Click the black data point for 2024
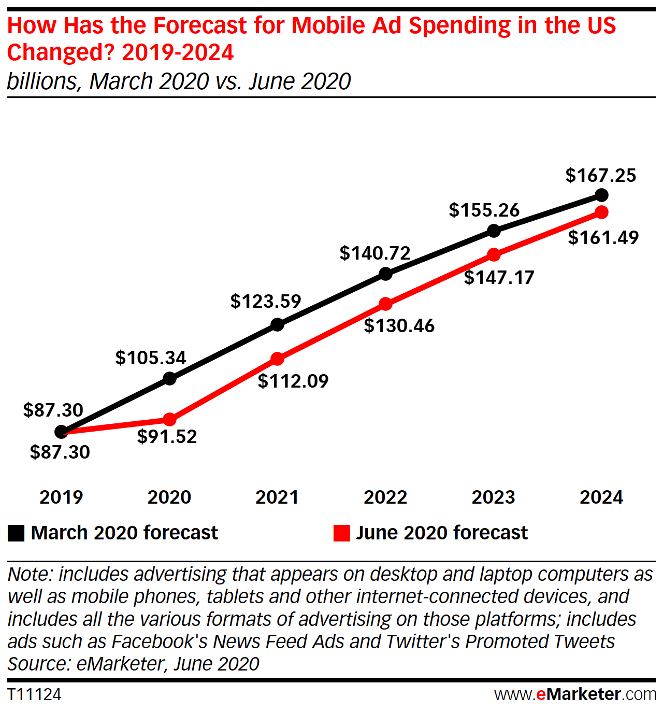point(601,195)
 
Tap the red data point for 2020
point(169,419)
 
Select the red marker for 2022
point(385,304)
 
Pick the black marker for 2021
point(278,325)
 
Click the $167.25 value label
point(600,176)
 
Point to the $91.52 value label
point(167,436)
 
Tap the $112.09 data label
point(293,381)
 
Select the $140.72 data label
point(375,253)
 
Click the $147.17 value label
point(499,278)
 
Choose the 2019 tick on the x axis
point(61,497)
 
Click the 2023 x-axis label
point(493,497)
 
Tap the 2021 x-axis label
point(277,497)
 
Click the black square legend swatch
point(16,533)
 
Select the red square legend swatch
point(342,533)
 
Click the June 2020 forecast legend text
point(442,533)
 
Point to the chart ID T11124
point(34,694)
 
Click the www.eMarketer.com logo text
point(575,694)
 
